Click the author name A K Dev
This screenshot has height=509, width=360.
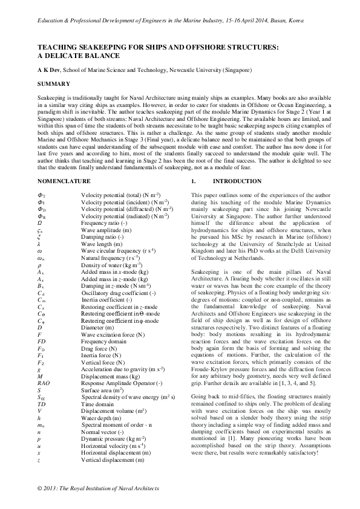coord(48,70)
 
